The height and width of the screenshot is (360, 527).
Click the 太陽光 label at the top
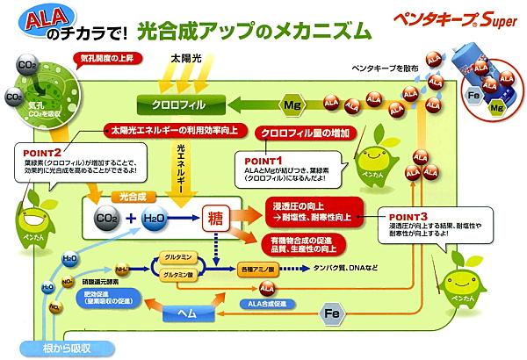[x=187, y=59]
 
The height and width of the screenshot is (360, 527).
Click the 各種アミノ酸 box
[x=261, y=265]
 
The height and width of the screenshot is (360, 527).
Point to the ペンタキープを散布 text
[x=380, y=68]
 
